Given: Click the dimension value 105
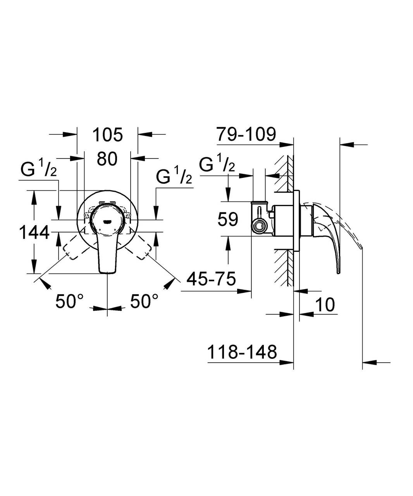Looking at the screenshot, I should pyautogui.click(x=107, y=134).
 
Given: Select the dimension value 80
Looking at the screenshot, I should pyautogui.click(x=107, y=158).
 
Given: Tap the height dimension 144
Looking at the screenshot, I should pyautogui.click(x=34, y=233).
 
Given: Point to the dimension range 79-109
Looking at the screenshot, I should pyautogui.click(x=246, y=134).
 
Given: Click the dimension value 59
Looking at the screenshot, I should pyautogui.click(x=228, y=220).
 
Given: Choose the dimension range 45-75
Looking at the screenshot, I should pyautogui.click(x=211, y=279).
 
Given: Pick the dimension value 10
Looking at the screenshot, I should pyautogui.click(x=324, y=305).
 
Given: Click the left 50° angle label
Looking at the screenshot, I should pyautogui.click(x=69, y=301).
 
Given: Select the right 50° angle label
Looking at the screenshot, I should pyautogui.click(x=144, y=301).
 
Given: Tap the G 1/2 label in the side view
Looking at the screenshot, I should pyautogui.click(x=217, y=165).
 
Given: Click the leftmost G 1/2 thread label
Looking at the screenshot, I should pyautogui.click(x=39, y=170).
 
